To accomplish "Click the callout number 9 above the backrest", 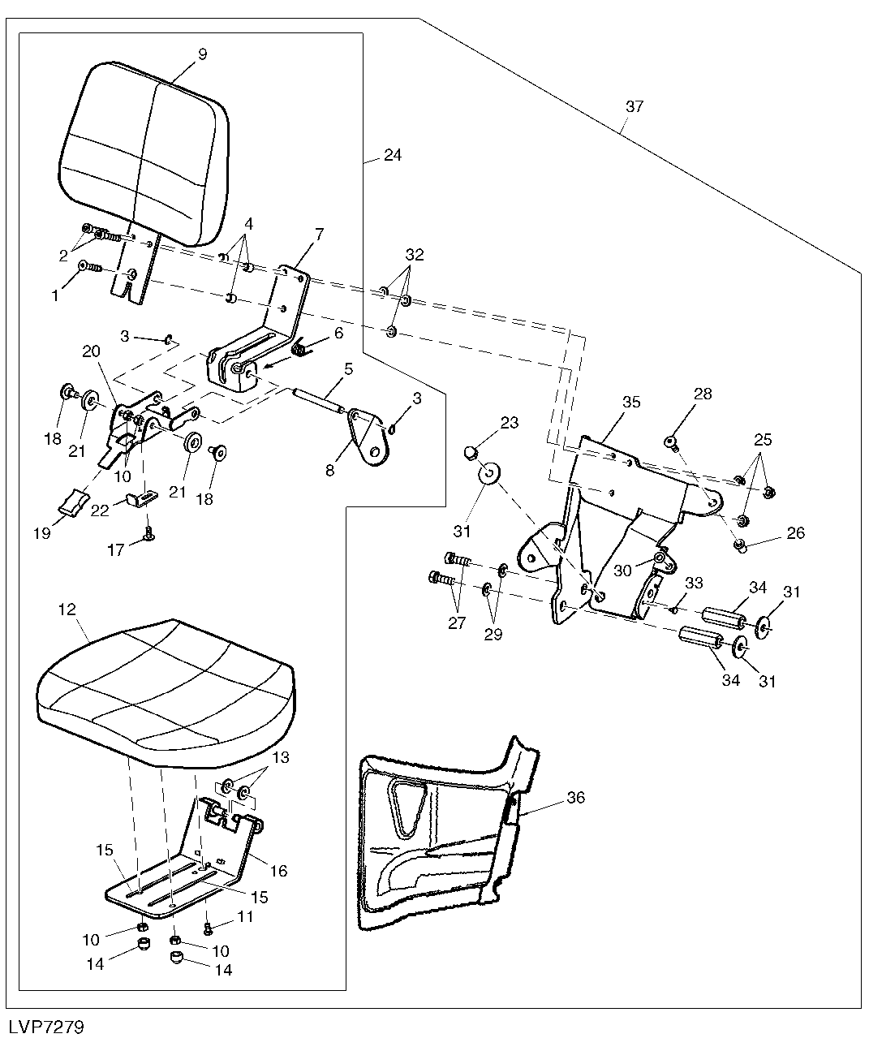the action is [202, 54].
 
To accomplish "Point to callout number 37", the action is [635, 106].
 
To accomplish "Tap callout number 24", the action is [393, 155].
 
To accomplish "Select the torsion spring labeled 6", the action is [300, 347].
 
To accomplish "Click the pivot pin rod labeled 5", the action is [318, 400].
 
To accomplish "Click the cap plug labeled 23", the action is [470, 451].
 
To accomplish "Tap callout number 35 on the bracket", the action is [631, 402].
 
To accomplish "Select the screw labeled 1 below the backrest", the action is [91, 267].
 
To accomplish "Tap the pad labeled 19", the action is [74, 501].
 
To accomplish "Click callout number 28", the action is [703, 393].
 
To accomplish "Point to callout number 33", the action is [694, 583].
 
